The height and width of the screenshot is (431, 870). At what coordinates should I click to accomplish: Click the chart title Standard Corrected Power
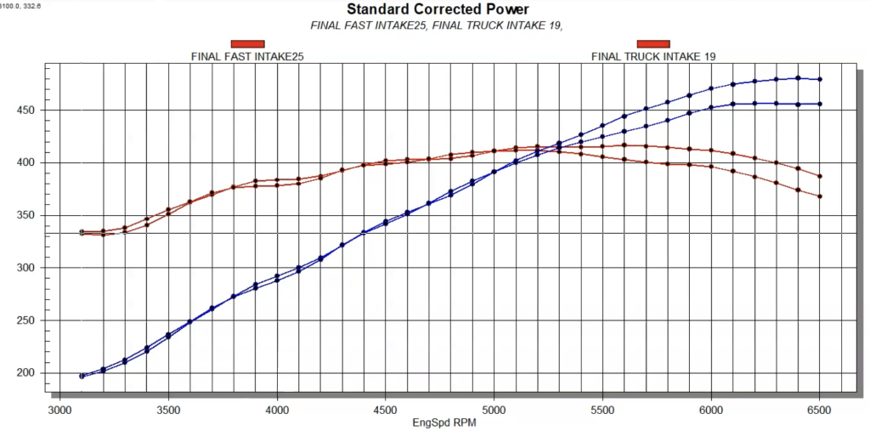click(x=437, y=9)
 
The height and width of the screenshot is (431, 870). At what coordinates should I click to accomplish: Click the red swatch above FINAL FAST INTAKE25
click(x=248, y=43)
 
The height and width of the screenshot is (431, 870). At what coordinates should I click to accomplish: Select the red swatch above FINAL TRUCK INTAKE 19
click(x=653, y=43)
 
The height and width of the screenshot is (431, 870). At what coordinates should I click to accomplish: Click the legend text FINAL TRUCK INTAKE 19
click(x=653, y=56)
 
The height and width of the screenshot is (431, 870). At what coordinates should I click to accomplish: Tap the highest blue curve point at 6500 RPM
click(x=819, y=79)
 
